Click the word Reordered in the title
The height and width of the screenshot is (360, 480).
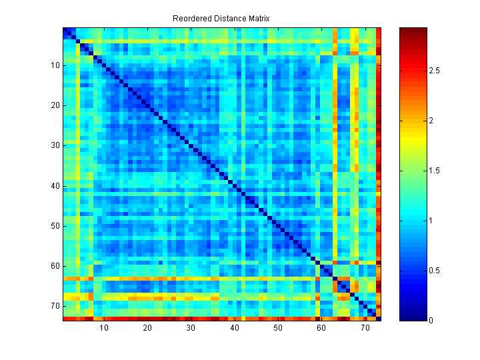pos(190,18)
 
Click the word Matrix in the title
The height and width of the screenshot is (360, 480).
pos(257,18)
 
